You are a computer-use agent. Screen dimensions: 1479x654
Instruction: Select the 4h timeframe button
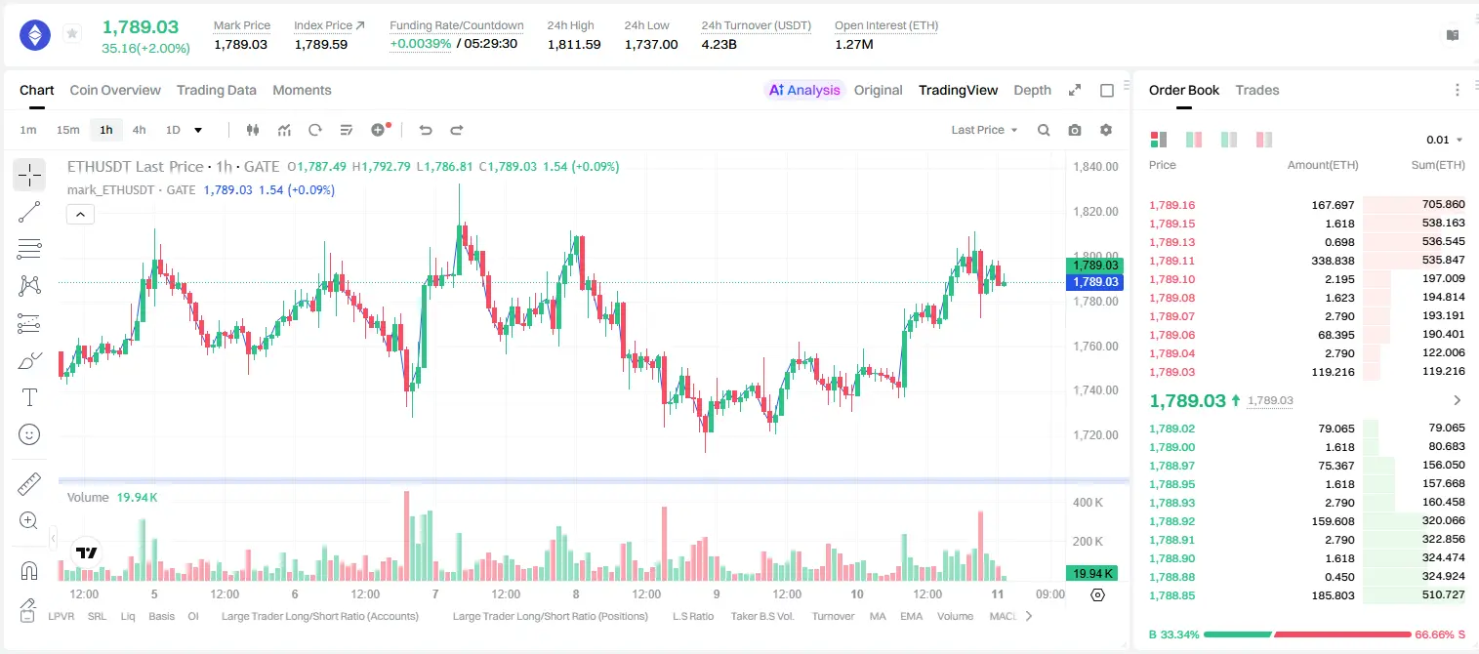point(139,130)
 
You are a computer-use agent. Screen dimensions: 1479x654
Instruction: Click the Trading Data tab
point(216,90)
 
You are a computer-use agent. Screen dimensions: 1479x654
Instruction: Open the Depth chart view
point(1032,90)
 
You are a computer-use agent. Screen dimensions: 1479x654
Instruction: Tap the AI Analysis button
point(804,90)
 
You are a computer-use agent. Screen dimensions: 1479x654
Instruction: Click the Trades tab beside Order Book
point(1257,90)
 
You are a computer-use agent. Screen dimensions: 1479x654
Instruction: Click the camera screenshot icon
point(1075,130)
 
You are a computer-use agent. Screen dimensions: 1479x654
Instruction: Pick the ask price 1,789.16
point(1172,205)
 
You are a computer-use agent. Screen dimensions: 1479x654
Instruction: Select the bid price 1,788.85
point(1172,595)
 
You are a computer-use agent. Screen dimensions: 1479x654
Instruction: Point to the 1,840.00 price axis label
point(1095,167)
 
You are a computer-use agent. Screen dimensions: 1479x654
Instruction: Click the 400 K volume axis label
point(1088,503)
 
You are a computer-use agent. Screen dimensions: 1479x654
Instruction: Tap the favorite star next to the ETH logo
point(72,33)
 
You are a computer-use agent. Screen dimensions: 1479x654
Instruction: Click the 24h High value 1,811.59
point(574,44)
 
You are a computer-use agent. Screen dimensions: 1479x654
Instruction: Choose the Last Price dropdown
point(984,130)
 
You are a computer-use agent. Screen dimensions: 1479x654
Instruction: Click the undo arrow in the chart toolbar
point(426,130)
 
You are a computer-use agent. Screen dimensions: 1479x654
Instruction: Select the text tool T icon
point(29,397)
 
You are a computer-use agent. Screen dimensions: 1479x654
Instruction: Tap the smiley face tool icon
point(29,434)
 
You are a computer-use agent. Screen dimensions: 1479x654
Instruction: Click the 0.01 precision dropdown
point(1444,140)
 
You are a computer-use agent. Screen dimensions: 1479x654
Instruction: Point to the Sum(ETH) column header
point(1438,165)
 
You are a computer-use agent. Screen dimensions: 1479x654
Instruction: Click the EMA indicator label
point(911,616)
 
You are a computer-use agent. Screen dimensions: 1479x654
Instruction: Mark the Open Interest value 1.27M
point(854,44)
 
